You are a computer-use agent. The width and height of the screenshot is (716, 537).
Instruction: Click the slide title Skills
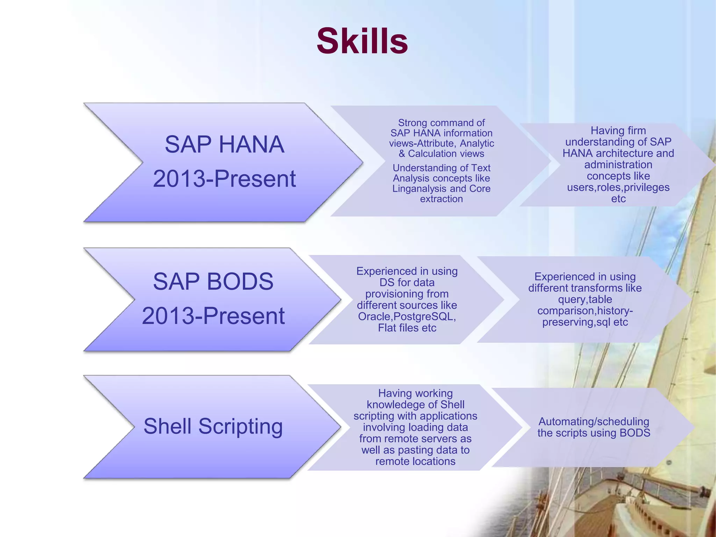(362, 41)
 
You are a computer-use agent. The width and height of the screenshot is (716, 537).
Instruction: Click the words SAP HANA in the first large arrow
(224, 144)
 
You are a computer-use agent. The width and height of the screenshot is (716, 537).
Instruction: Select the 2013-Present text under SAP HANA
(224, 179)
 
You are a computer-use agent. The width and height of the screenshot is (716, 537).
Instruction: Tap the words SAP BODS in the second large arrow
(213, 281)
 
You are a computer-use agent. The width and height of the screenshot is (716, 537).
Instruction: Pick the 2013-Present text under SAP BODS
(213, 316)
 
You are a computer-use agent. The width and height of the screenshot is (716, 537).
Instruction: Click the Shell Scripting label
(213, 426)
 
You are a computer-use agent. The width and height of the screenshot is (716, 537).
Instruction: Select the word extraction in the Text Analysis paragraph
(441, 199)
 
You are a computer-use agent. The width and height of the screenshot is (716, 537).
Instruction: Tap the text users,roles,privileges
(618, 187)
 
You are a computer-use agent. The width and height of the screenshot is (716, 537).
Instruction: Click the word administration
(618, 165)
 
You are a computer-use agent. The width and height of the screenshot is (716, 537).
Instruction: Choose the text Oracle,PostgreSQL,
(407, 316)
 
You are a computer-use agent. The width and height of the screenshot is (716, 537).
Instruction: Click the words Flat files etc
(407, 328)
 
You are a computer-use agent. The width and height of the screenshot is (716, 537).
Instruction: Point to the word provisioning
(407, 294)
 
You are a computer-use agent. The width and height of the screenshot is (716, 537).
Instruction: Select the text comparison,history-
(585, 311)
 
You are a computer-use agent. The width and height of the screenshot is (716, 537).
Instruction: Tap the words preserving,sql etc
(585, 322)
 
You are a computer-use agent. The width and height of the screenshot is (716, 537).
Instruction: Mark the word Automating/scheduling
(594, 421)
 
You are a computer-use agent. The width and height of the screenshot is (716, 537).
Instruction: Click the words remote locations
(415, 461)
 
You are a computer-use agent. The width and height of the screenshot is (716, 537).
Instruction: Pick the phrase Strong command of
(441, 123)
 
